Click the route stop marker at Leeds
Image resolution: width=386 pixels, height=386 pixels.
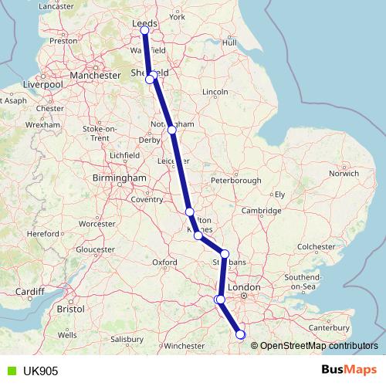click(144, 30)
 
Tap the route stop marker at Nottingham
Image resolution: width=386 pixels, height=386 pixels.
click(172, 130)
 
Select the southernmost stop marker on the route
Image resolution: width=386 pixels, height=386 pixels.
click(240, 334)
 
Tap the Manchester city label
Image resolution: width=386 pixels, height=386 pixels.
click(95, 76)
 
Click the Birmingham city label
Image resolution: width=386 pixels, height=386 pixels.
click(120, 178)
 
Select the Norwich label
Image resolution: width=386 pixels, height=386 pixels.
click(344, 173)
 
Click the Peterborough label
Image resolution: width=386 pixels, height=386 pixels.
click(236, 180)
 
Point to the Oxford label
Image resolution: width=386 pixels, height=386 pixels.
click(165, 262)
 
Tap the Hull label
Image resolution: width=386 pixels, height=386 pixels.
click(229, 42)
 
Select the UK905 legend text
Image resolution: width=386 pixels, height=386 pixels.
click(36, 371)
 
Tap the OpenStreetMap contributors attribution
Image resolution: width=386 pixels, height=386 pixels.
click(314, 346)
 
